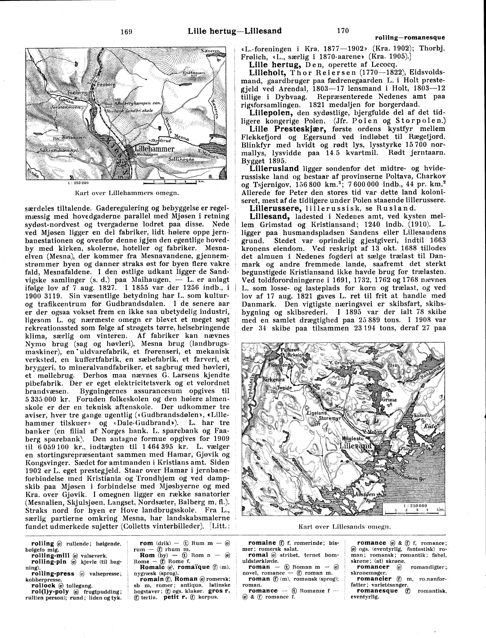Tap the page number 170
342,31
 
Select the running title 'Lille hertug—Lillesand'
234,31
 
